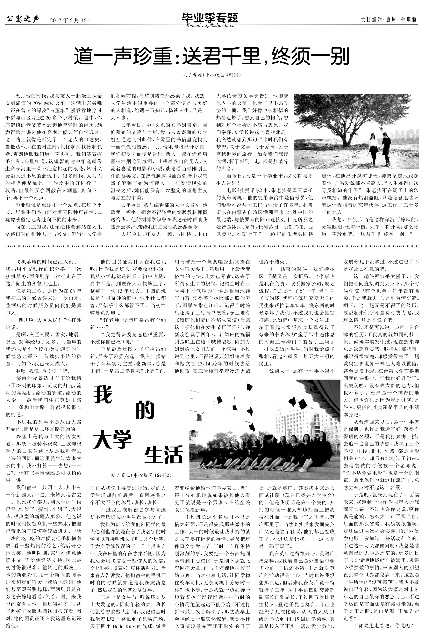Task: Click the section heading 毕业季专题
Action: tap(210, 18)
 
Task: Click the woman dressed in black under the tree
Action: tap(386, 148)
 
